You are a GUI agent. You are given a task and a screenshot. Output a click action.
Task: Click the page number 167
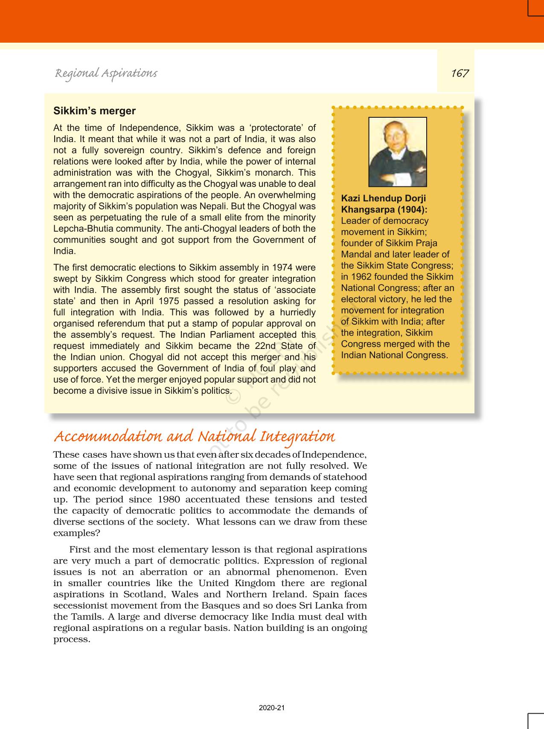pyautogui.click(x=460, y=73)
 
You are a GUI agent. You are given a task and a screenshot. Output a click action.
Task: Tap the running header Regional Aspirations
pyautogui.click(x=106, y=73)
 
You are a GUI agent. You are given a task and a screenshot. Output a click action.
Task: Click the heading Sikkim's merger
pyautogui.click(x=94, y=111)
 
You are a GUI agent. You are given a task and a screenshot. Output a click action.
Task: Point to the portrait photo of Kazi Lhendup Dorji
pyautogui.click(x=397, y=152)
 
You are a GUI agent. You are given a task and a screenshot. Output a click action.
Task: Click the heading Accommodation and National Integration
pyautogui.click(x=194, y=436)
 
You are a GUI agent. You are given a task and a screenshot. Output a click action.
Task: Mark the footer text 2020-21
pyautogui.click(x=272, y=708)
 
